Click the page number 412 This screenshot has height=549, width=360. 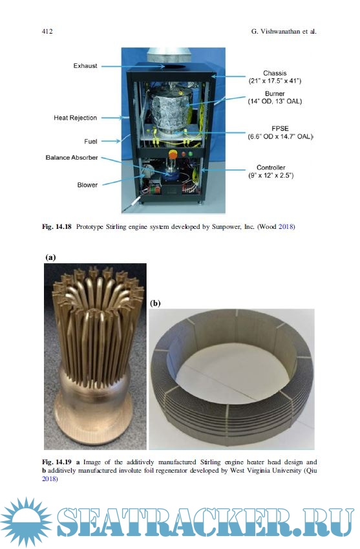click(47, 32)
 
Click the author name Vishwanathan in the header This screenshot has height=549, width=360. click(280, 32)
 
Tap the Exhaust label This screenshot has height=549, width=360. click(85, 66)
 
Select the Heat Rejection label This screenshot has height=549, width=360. click(75, 118)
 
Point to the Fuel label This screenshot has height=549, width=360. click(90, 142)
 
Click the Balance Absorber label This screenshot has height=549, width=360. click(72, 158)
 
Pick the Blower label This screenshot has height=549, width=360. click(87, 185)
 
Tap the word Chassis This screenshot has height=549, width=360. click(275, 73)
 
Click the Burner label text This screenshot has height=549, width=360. click(275, 94)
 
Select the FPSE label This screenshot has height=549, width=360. click(280, 129)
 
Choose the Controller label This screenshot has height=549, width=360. click(271, 167)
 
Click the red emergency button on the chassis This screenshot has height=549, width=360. click(173, 153)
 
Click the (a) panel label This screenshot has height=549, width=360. click(50, 257)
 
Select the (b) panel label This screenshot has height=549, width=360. click(155, 303)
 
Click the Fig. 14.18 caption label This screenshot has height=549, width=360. click(57, 227)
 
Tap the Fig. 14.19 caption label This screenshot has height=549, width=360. click(57, 462)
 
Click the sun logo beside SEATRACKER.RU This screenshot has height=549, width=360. click(26, 522)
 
